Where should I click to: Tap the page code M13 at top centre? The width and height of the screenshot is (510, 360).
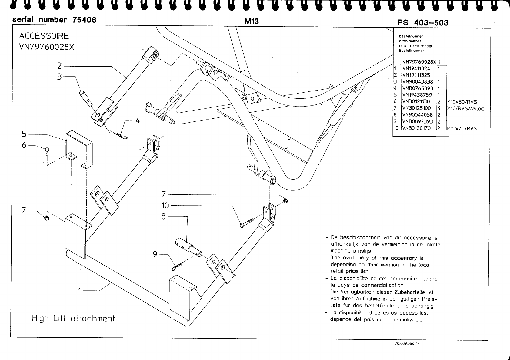(251, 21)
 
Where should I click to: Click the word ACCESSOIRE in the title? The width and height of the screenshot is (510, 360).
(44, 36)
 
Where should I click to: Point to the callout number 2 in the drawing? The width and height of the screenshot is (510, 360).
(59, 66)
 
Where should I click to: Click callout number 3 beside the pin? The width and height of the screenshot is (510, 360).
(59, 77)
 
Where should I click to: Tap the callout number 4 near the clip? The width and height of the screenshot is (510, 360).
(138, 120)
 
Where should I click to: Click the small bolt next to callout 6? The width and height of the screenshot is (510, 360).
(47, 151)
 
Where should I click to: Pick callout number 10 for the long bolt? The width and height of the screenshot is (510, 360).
(165, 206)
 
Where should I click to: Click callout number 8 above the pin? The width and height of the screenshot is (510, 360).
(164, 216)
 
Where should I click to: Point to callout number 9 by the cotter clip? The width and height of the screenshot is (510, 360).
(155, 255)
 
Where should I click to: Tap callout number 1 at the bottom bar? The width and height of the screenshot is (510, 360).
(79, 291)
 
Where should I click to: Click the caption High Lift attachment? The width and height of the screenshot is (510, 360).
(73, 319)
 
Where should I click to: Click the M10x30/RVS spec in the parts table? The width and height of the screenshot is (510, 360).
(462, 102)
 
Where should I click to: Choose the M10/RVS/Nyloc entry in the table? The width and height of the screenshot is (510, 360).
(465, 108)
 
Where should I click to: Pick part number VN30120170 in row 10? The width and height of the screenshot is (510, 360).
(416, 128)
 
